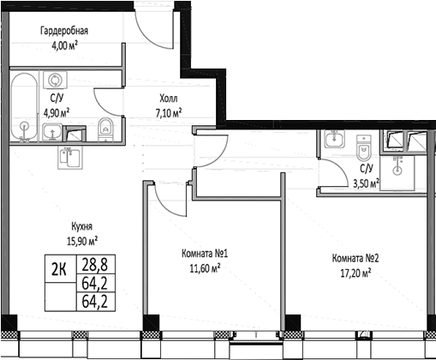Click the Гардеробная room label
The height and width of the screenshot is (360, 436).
64,31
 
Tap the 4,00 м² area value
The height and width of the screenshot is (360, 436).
64,45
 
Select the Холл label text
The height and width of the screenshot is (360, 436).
169,99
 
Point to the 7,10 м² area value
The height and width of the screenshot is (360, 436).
169,113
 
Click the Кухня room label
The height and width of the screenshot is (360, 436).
81,226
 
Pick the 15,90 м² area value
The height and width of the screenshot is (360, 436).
82,241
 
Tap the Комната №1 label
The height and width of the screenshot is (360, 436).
205,254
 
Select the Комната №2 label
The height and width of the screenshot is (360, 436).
355,259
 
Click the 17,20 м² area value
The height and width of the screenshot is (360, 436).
355,273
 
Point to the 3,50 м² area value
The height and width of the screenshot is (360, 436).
367,183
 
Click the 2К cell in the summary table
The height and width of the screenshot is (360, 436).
59,269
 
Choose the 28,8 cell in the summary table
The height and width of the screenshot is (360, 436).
95,264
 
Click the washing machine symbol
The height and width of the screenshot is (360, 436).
55,80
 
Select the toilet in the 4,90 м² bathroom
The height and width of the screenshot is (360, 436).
105,129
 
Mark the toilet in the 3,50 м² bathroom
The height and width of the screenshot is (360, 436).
364,147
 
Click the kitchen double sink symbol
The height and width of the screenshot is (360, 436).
70,158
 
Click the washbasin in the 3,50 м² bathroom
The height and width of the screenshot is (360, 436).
334,139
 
